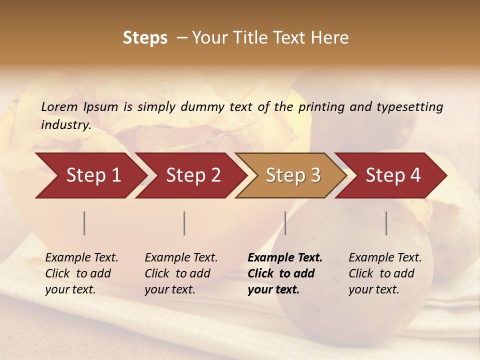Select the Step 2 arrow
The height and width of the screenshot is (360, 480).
pyautogui.click(x=192, y=175)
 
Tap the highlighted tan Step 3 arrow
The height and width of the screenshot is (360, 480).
pyautogui.click(x=292, y=175)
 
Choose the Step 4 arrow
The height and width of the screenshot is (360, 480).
pyautogui.click(x=392, y=175)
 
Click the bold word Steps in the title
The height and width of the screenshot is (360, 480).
pyautogui.click(x=145, y=38)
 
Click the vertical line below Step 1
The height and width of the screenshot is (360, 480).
pyautogui.click(x=84, y=223)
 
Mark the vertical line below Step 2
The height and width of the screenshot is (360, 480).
pyautogui.click(x=184, y=223)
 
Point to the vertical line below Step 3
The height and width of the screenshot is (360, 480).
pyautogui.click(x=285, y=223)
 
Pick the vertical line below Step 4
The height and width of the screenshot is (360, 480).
pyautogui.click(x=386, y=223)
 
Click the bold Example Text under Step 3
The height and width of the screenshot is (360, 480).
pyautogui.click(x=285, y=257)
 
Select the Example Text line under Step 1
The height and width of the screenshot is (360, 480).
pyautogui.click(x=81, y=257)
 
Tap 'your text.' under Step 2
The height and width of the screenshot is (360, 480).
pyautogui.click(x=170, y=289)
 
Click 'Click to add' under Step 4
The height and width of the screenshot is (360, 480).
pyautogui.click(x=381, y=273)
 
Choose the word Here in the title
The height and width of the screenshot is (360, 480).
pyautogui.click(x=331, y=38)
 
